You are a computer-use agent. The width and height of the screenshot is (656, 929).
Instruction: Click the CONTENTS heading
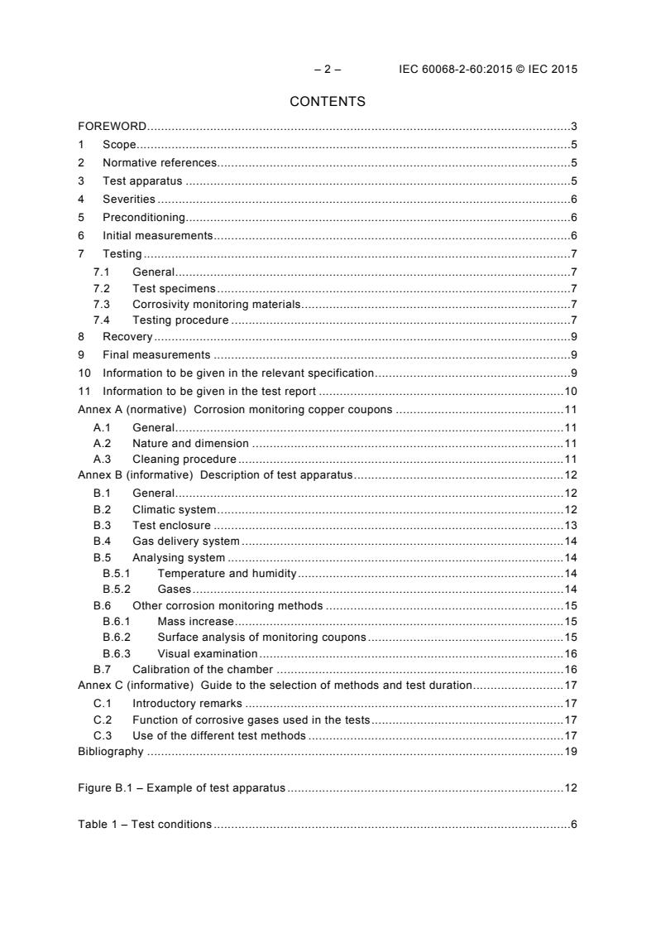click(328, 102)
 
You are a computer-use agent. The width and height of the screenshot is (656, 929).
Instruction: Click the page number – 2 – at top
click(328, 70)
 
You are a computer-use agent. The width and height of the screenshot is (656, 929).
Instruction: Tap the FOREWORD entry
click(113, 127)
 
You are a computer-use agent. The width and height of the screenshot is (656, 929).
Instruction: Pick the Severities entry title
click(128, 200)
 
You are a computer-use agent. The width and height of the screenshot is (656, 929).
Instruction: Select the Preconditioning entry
click(143, 218)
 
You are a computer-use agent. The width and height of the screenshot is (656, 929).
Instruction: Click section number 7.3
click(103, 305)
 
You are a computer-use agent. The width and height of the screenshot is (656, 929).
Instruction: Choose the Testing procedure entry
click(180, 320)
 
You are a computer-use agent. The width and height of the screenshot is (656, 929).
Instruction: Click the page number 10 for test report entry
click(570, 391)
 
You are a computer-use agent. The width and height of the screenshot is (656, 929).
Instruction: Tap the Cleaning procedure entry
click(184, 459)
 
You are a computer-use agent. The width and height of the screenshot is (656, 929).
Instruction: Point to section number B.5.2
click(117, 590)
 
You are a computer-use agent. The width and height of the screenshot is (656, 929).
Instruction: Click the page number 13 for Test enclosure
click(570, 526)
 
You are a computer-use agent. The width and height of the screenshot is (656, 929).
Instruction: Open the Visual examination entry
click(207, 653)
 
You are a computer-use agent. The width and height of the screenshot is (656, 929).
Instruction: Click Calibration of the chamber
click(203, 669)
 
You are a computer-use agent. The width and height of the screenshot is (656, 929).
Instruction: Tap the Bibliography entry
click(111, 752)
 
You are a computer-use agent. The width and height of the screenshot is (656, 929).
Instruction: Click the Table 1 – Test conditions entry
click(145, 825)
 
